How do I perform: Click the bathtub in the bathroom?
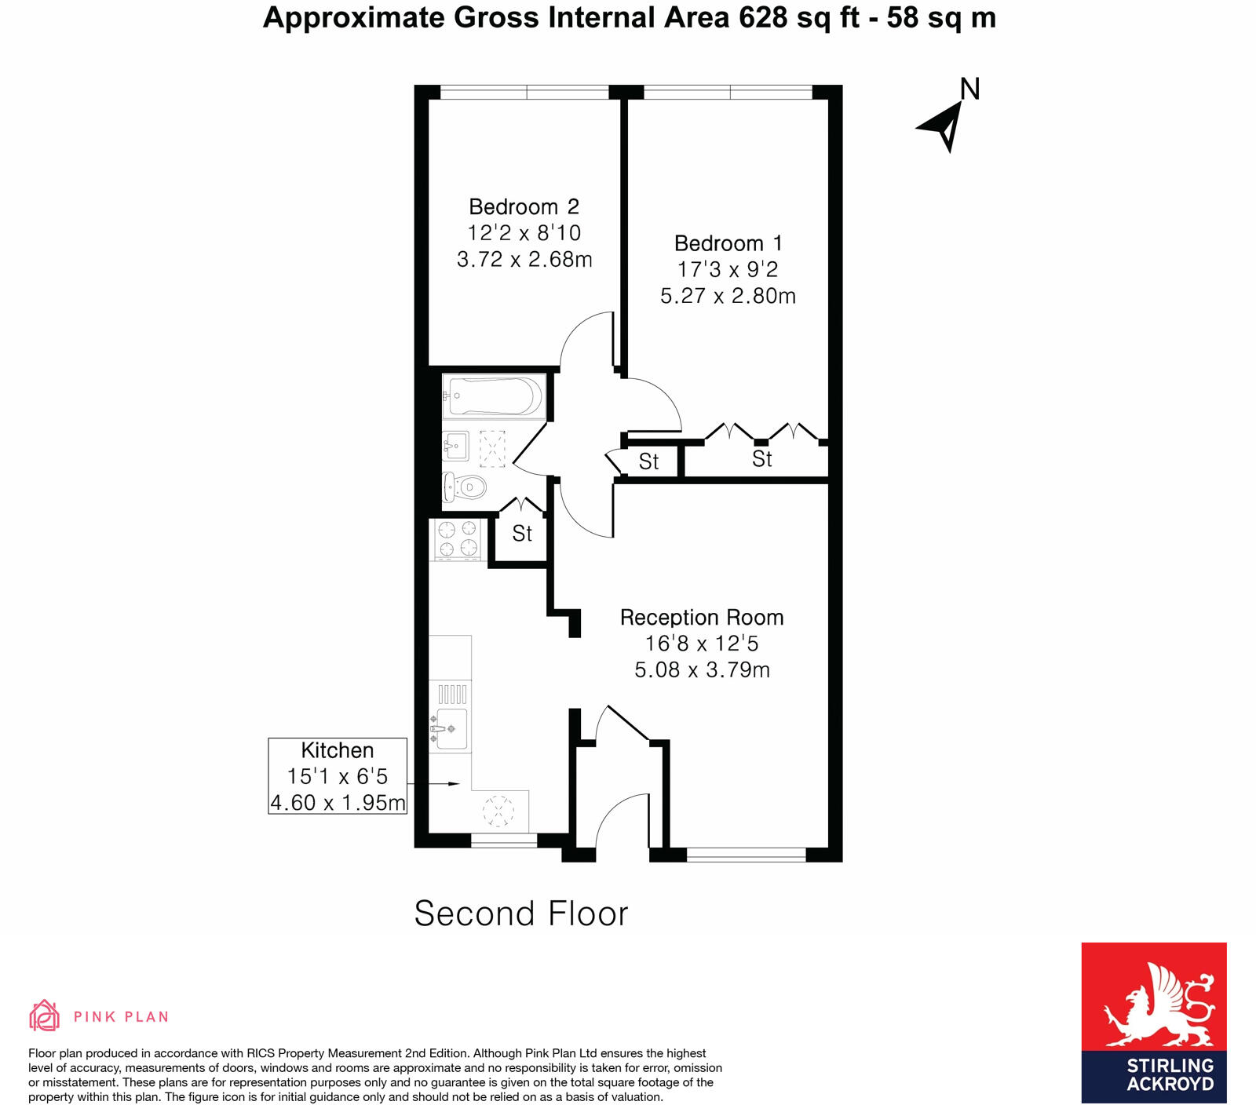[493, 396]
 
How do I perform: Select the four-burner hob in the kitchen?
[457, 538]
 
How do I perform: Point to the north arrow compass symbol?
[945, 123]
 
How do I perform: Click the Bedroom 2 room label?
[524, 207]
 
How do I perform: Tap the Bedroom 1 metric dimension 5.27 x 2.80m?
[728, 296]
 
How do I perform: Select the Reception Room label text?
[702, 618]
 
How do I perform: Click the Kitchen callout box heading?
[338, 750]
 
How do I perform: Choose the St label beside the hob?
[522, 534]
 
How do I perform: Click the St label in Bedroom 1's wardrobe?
[761, 459]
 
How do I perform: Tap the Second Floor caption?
[521, 914]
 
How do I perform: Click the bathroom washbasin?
[455, 447]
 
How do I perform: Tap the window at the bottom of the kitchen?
[503, 841]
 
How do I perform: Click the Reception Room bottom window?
[746, 855]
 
